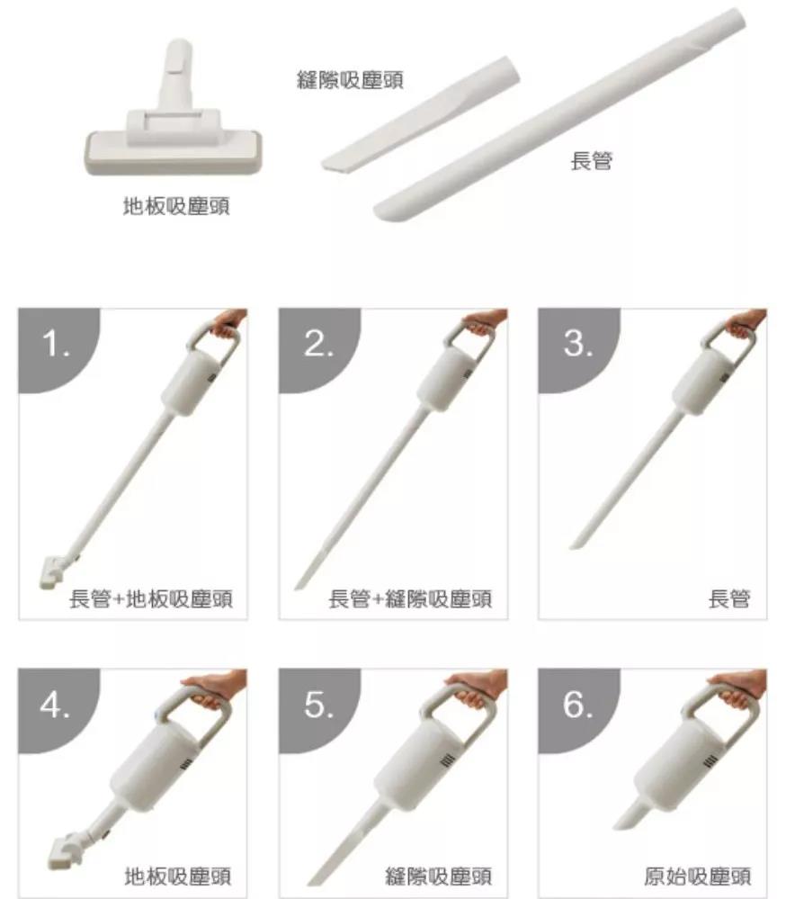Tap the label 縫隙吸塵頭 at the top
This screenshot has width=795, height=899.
(x=350, y=80)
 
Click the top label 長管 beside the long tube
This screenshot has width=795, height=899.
(x=592, y=161)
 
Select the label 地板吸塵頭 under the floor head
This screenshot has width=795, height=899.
(x=176, y=206)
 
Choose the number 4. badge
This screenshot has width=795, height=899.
(x=56, y=706)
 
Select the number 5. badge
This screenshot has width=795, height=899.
(x=318, y=706)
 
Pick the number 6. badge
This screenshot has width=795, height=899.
(x=577, y=706)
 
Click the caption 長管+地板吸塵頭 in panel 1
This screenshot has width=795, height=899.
(x=151, y=599)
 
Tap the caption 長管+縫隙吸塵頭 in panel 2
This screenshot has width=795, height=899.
(x=410, y=599)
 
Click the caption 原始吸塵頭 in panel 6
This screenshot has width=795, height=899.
(x=698, y=877)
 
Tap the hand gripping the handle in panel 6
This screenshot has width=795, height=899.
(x=739, y=688)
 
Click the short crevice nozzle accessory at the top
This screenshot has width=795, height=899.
(x=421, y=113)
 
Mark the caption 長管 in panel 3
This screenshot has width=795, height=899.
(x=729, y=599)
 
